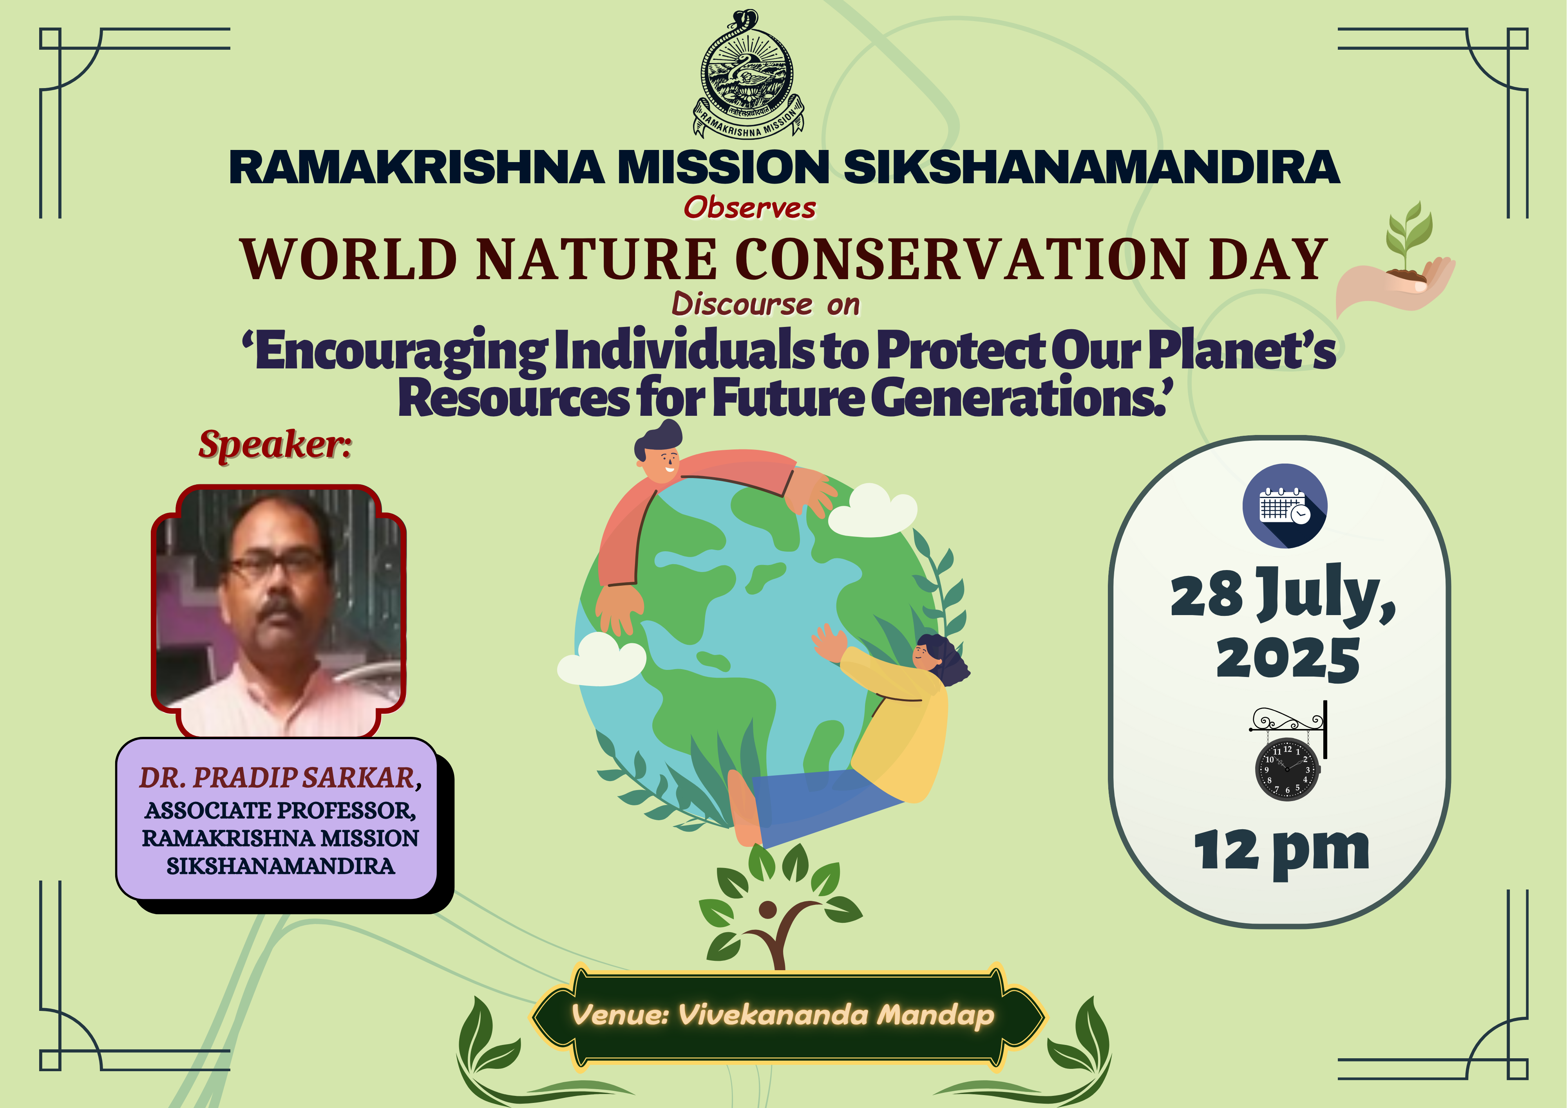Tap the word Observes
pyautogui.click(x=749, y=208)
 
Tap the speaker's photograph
pyautogui.click(x=279, y=611)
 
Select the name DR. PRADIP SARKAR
pyautogui.click(x=279, y=777)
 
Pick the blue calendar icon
pyautogui.click(x=1285, y=505)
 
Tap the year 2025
pyautogui.click(x=1288, y=659)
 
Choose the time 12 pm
pyautogui.click(x=1282, y=852)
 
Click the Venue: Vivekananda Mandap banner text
pyautogui.click(x=782, y=1015)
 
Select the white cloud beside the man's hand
pyautogui.click(x=873, y=510)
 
